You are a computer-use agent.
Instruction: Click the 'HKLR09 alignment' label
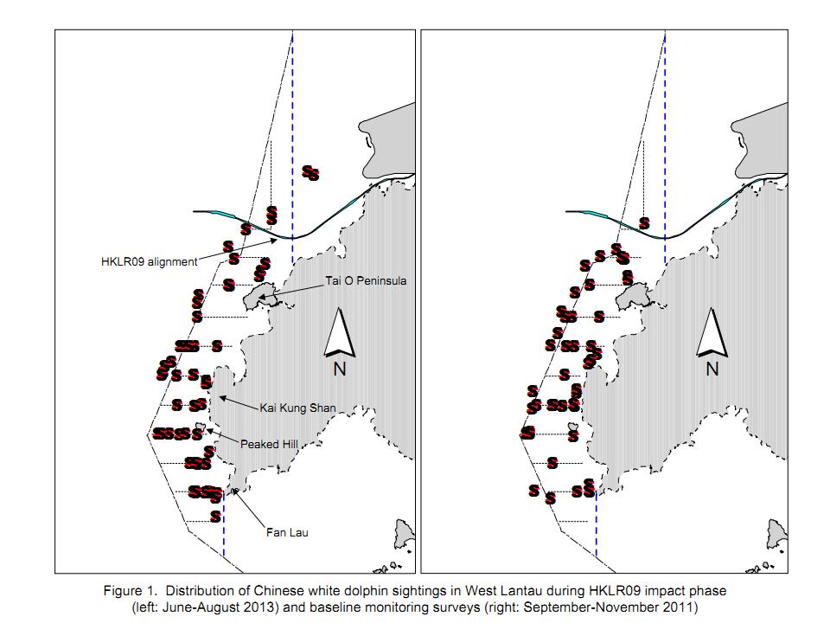(150, 261)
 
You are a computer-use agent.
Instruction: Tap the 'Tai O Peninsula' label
(366, 280)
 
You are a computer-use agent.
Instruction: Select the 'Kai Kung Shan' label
(297, 408)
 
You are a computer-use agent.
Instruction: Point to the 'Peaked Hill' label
(269, 444)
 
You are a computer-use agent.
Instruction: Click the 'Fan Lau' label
(287, 532)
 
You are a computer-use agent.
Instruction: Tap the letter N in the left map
(339, 369)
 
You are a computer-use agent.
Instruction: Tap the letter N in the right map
(712, 369)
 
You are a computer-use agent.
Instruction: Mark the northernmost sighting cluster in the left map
(310, 173)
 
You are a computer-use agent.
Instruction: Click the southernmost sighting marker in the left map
(215, 516)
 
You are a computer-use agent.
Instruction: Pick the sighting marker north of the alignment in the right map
(644, 223)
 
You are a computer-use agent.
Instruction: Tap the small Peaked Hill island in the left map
(200, 426)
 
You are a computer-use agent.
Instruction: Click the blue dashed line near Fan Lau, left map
(224, 524)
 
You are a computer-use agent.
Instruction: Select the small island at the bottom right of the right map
(776, 534)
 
